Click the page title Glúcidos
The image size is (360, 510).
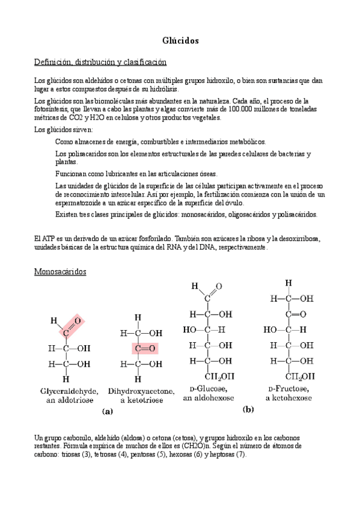(180, 40)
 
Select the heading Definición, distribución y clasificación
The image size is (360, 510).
(100, 62)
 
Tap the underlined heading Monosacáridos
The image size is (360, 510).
(60, 272)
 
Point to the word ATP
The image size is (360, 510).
(48, 239)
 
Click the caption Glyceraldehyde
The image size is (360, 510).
(70, 390)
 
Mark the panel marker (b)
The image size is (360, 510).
(248, 409)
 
